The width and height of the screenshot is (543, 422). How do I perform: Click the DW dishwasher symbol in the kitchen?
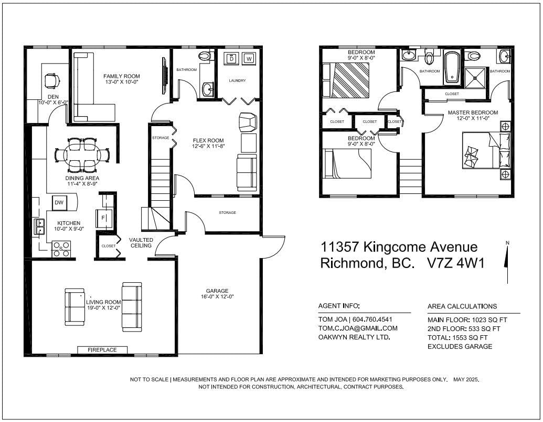[59, 202]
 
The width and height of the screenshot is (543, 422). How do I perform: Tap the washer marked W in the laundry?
[249, 59]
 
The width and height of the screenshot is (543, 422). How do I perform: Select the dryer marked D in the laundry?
[231, 58]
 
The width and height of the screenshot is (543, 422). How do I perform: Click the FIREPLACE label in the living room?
[102, 350]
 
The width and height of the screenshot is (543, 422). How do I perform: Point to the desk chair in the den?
[52, 81]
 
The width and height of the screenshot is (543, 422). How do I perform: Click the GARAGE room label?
[217, 291]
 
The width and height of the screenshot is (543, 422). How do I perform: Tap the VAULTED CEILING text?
[141, 243]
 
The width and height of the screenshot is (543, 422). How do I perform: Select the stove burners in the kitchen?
[61, 249]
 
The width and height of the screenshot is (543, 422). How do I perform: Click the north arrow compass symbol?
[507, 262]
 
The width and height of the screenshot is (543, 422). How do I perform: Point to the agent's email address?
[358, 328]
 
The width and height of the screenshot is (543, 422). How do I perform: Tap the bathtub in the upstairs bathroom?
[452, 68]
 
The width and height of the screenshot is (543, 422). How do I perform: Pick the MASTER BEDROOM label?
[473, 112]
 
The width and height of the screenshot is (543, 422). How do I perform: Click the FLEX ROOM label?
[208, 140]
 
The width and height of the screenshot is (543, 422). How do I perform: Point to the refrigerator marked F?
[104, 218]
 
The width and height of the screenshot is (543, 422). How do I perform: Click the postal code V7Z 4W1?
[456, 263]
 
